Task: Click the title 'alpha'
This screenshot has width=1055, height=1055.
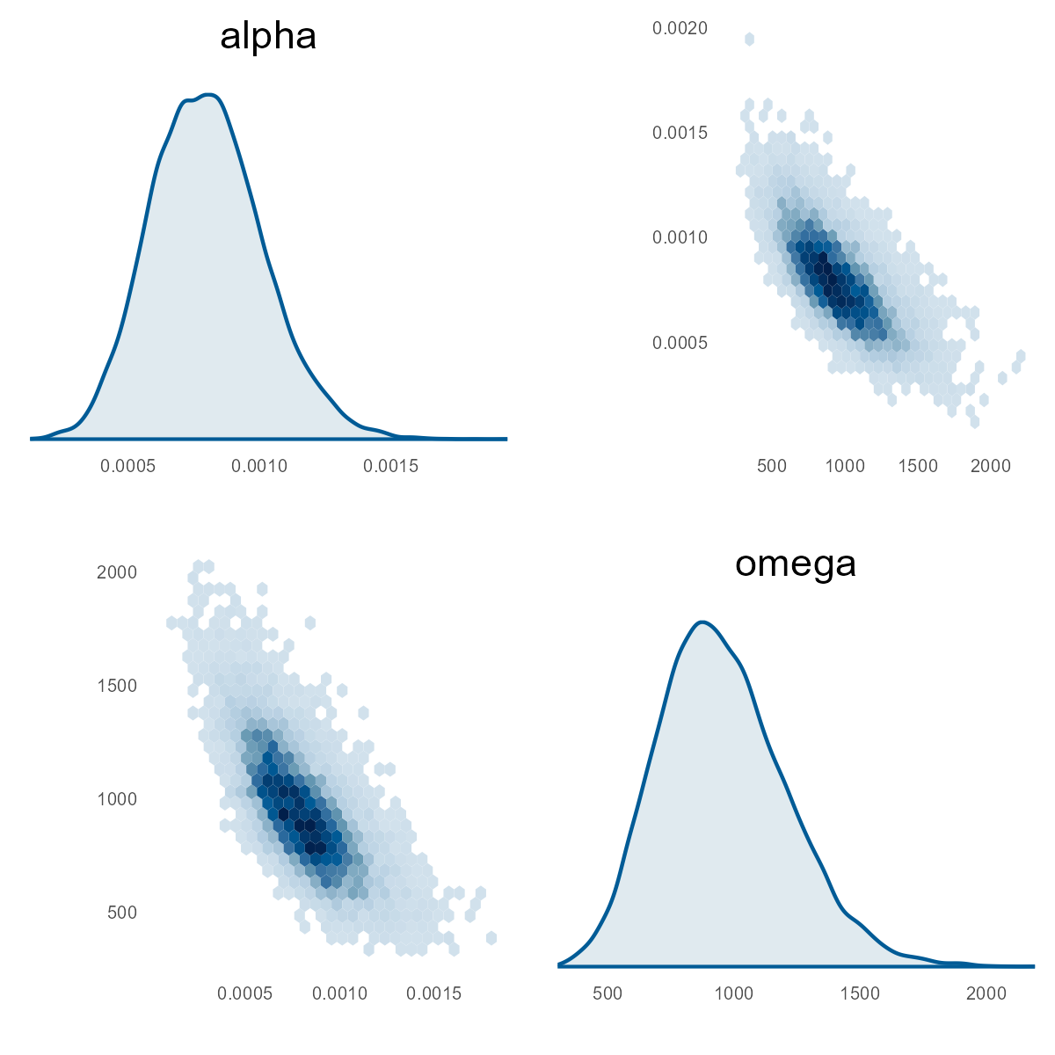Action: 268,37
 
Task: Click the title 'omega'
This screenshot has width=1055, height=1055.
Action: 796,564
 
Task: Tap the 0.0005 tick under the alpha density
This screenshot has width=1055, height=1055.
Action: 128,466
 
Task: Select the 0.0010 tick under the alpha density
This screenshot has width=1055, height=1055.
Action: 258,466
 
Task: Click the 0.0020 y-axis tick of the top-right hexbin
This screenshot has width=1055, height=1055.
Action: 680,29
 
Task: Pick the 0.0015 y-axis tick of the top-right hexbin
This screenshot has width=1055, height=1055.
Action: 680,133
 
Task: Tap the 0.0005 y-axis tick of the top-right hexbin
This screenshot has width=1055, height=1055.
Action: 680,343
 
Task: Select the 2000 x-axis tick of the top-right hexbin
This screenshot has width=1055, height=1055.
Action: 991,466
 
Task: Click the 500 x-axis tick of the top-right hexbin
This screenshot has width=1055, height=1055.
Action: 772,466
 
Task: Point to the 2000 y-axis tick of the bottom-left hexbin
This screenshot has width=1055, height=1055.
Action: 117,572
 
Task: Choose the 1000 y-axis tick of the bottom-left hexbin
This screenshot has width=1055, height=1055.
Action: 117,799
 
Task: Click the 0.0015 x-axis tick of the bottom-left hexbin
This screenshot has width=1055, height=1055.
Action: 434,993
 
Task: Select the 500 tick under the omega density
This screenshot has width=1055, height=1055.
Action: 608,993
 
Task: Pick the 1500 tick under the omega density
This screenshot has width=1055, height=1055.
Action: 860,993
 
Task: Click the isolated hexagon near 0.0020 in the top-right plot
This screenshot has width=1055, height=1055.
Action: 749,39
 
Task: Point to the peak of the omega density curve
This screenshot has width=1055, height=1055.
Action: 702,622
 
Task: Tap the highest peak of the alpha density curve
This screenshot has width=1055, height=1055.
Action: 208,94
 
